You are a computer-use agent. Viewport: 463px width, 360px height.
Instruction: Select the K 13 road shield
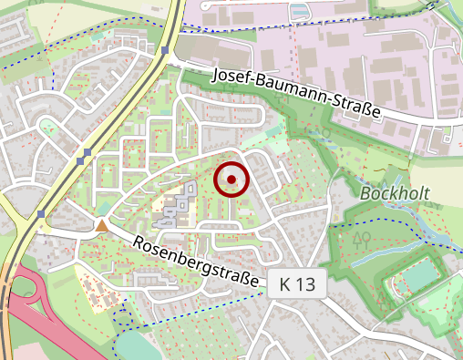coord(297,284)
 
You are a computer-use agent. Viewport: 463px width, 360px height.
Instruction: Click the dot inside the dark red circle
coord(231,180)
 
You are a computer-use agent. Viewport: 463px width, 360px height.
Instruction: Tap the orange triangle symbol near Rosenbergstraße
coord(102,224)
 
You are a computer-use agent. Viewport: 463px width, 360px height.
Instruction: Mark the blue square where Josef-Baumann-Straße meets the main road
coord(165,51)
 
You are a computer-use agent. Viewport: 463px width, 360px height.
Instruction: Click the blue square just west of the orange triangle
coord(42,215)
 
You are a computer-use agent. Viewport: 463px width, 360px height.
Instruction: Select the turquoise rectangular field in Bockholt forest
coord(421,273)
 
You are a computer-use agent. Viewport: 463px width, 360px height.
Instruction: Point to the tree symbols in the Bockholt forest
coord(361,238)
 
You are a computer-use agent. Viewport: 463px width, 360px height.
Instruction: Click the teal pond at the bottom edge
coord(137,346)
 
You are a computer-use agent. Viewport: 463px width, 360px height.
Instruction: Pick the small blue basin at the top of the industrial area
coord(298,12)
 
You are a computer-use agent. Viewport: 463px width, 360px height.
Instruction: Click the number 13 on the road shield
coord(306,284)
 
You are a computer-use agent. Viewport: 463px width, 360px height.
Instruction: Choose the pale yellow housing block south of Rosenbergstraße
coord(90,273)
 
